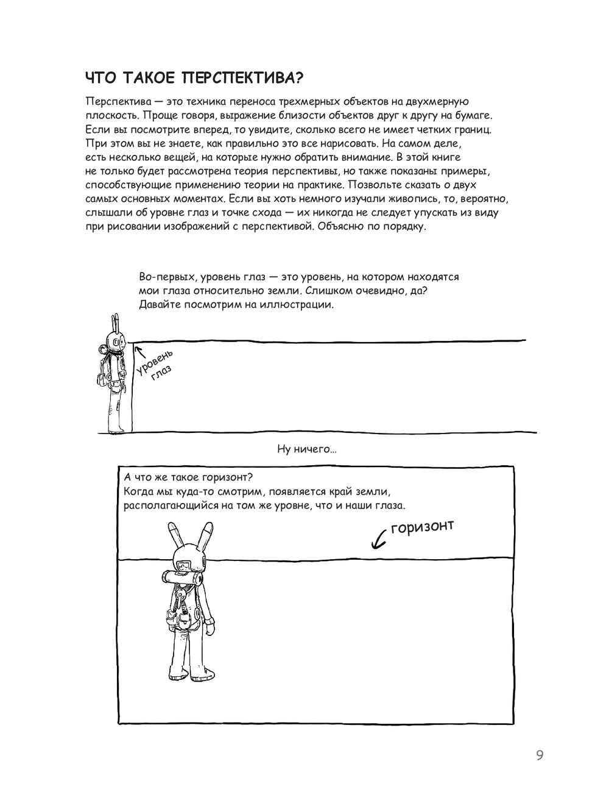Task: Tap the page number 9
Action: [x=540, y=756]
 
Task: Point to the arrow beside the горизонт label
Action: [x=379, y=538]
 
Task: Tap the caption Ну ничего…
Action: [x=306, y=450]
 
